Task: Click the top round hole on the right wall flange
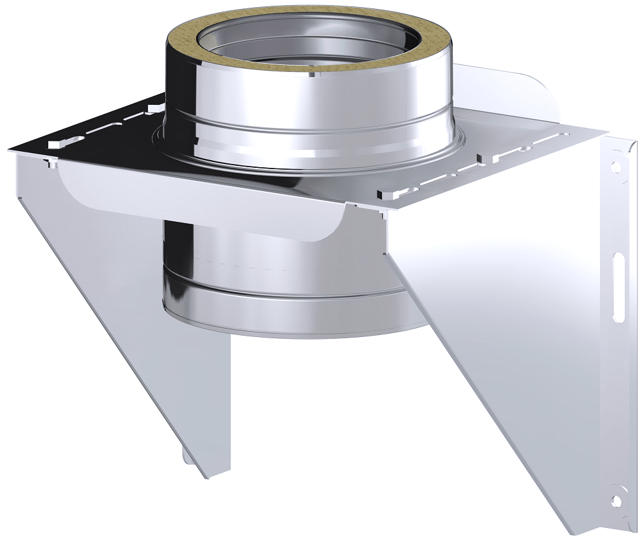(x=617, y=165)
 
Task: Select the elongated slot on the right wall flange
(x=618, y=286)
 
